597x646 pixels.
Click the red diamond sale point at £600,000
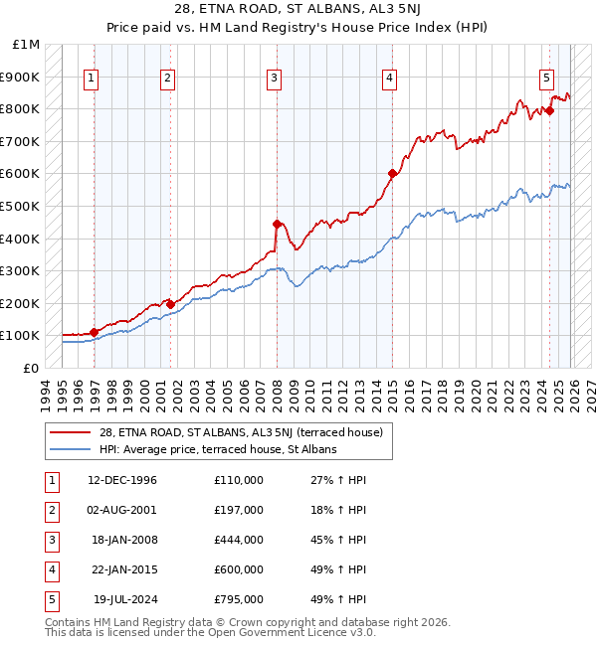392,174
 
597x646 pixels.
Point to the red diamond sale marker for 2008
277,224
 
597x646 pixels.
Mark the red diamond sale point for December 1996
94,332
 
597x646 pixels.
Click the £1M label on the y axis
27,45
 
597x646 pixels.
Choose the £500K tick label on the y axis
21,206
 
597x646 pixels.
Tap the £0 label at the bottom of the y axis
32,368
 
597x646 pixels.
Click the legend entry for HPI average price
218,449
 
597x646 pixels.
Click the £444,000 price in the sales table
239,540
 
